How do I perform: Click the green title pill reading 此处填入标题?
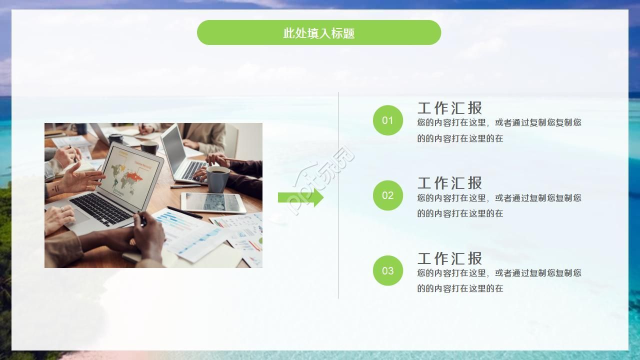[319, 33]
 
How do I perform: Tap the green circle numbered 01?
[387, 120]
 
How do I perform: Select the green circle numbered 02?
[387, 195]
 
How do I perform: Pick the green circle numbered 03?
[387, 270]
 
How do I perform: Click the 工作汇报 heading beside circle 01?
[449, 108]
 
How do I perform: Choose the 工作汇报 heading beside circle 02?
[449, 183]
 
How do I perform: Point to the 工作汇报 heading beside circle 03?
[449, 258]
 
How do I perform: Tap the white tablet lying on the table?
[213, 202]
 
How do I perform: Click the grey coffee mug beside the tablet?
[218, 178]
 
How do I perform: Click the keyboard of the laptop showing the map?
[102, 207]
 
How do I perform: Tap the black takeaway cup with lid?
[115, 138]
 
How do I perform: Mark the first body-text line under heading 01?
[499, 122]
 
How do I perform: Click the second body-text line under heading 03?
[460, 288]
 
